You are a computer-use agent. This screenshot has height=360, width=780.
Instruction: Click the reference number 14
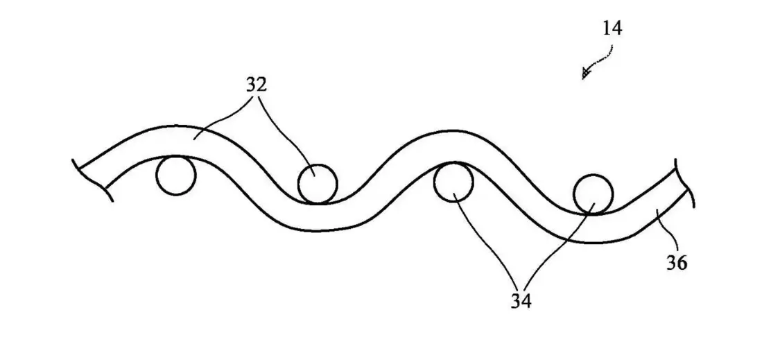point(612,28)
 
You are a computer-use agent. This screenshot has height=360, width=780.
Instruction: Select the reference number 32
point(256,85)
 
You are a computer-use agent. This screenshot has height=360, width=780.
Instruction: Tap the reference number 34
point(521,301)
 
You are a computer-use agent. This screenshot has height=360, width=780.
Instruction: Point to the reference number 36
point(677,262)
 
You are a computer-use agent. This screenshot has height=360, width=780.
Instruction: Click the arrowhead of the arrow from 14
point(586,74)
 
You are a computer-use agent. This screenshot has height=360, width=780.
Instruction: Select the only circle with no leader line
point(175,175)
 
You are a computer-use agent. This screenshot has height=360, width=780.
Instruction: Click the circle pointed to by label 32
point(318,184)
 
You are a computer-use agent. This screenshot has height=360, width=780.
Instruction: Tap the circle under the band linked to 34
point(453,182)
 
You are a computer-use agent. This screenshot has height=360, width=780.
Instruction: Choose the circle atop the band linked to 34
point(593,194)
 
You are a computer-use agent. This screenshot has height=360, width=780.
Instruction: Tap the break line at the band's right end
point(686,182)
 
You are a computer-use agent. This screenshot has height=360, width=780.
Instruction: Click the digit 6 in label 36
point(682,262)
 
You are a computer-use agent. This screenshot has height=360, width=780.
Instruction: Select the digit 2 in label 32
point(261,85)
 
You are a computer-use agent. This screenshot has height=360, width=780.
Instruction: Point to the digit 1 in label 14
point(607,28)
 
